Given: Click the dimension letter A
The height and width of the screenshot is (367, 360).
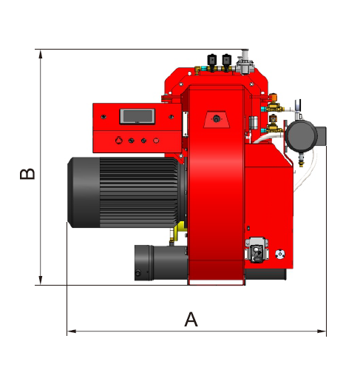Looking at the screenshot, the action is (x=191, y=319).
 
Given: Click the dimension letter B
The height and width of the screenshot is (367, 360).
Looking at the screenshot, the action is (x=27, y=174).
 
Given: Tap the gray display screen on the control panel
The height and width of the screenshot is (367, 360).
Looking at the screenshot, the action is (x=137, y=116).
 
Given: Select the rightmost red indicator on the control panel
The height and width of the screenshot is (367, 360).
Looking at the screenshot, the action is (x=156, y=141).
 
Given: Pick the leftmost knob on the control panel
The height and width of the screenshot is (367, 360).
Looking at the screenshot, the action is (x=119, y=141).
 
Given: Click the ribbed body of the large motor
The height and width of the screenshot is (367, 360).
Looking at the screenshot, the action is (x=138, y=192).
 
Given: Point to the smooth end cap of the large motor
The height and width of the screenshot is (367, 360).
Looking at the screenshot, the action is (x=84, y=192).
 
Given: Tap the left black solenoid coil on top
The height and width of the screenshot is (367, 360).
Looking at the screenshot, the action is (x=212, y=60).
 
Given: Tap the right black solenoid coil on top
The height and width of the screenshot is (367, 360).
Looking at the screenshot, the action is (x=227, y=60).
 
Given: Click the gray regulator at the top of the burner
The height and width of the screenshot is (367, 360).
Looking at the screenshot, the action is (x=244, y=62).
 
